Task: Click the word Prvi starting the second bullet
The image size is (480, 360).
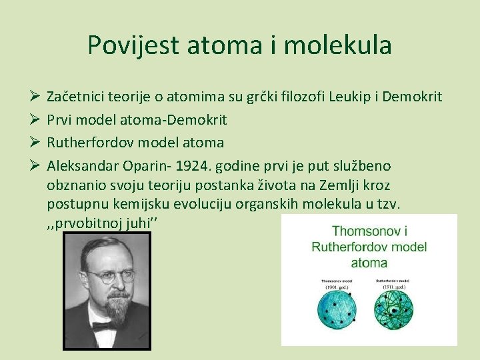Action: pos(60,120)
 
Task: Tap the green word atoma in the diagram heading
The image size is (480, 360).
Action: pos(369,262)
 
